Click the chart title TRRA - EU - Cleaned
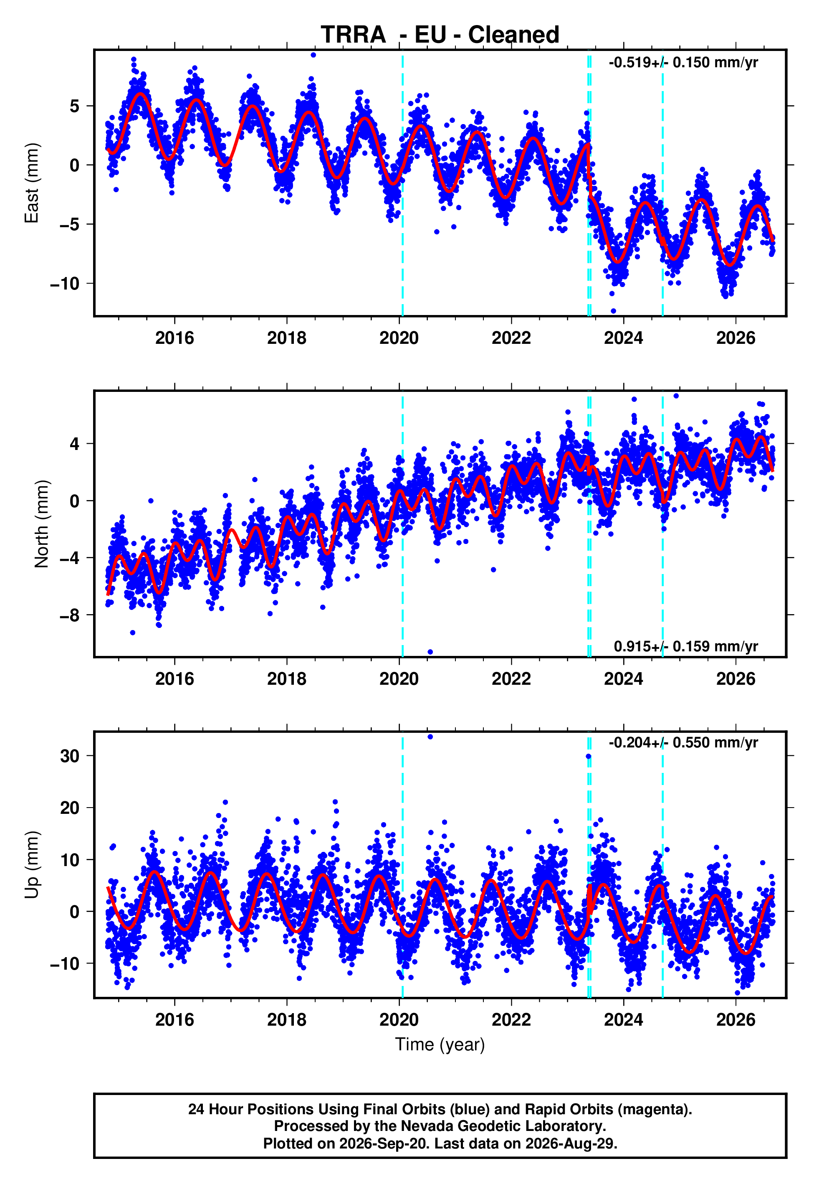[440, 35]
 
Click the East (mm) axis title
[32, 183]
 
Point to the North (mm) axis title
[42, 524]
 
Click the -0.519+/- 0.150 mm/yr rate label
[683, 63]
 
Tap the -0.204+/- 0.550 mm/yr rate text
[683, 742]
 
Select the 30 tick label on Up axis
[70, 756]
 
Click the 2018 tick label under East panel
[287, 338]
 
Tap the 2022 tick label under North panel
[511, 679]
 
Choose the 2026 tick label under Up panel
[736, 1020]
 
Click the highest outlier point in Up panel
[430, 737]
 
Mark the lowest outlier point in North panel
[430, 652]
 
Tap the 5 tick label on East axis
[75, 106]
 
